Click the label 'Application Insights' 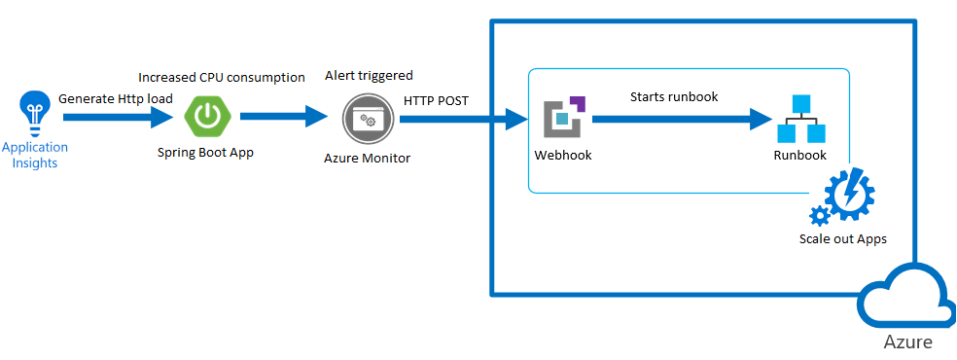[x=34, y=155]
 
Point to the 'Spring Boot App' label [x=205, y=153]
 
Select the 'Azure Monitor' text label [x=367, y=158]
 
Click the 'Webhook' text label [x=562, y=155]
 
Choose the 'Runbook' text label [x=799, y=155]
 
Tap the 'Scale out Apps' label [x=843, y=238]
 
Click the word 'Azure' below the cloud [x=907, y=342]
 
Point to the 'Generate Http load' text [x=116, y=98]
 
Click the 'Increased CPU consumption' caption [x=222, y=77]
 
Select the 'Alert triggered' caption [x=369, y=75]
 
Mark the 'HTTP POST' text [x=437, y=99]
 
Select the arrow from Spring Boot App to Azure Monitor [x=283, y=118]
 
